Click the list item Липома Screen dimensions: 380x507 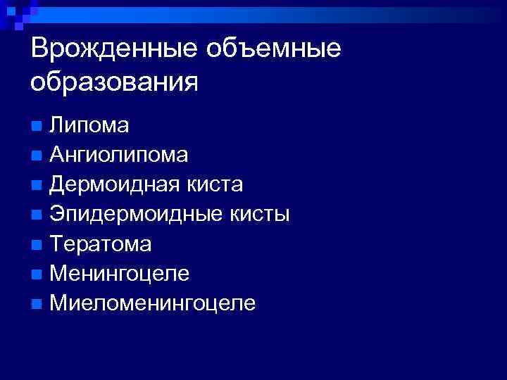[x=89, y=125]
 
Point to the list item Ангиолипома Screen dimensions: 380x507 [x=118, y=155]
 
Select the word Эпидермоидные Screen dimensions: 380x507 [x=131, y=215]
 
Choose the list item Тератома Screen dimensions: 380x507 [x=100, y=243]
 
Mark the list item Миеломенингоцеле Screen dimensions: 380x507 [x=152, y=303]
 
